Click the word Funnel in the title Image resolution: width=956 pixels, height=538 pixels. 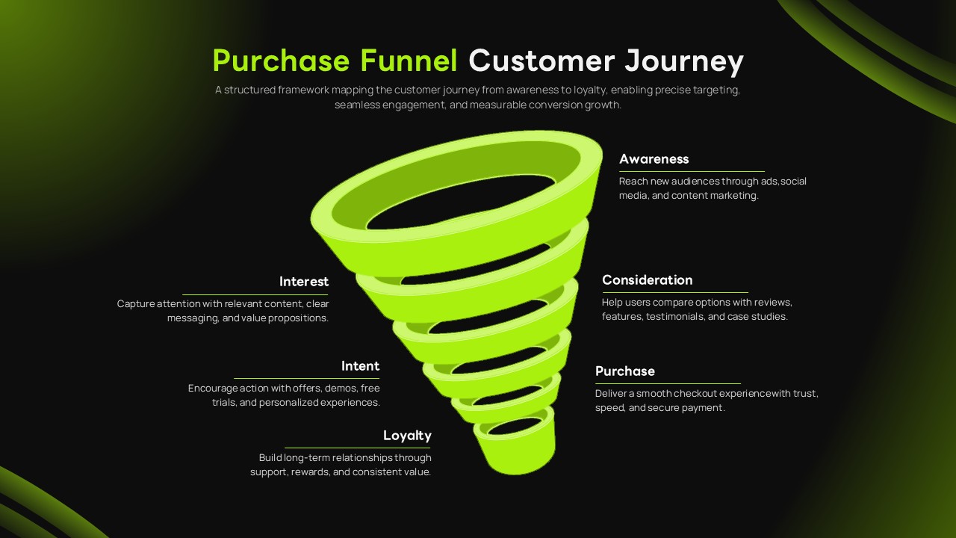click(409, 61)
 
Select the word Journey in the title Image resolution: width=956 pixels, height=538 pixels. click(684, 61)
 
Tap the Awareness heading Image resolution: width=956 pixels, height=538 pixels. click(654, 158)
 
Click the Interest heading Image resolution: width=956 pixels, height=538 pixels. click(304, 282)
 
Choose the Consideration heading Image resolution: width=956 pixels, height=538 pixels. click(647, 280)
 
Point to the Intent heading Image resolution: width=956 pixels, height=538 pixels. click(360, 366)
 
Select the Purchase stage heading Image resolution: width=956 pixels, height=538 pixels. click(624, 371)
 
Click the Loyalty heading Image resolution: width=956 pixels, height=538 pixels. click(407, 436)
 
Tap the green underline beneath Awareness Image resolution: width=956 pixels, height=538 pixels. click(692, 172)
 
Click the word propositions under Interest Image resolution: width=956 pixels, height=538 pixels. click(299, 318)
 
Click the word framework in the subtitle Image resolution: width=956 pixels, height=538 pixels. click(303, 90)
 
